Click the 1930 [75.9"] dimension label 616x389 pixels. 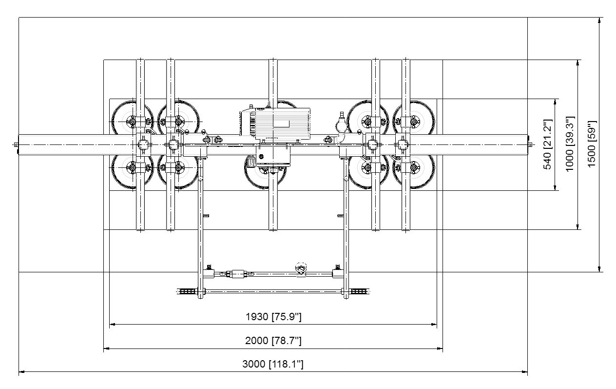(273, 317)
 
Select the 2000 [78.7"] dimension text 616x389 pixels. (273, 341)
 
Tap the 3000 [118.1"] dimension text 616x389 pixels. (273, 364)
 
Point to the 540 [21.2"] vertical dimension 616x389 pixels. (548, 144)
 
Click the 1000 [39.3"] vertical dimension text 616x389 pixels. (570, 143)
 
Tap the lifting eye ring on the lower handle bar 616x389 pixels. (301, 269)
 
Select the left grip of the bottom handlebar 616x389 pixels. (187, 291)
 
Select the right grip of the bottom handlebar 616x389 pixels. (360, 291)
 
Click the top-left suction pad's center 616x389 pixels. (132, 122)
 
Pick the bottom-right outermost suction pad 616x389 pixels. (414, 167)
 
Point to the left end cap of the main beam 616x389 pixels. (17, 144)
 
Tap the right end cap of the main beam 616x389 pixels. (530, 144)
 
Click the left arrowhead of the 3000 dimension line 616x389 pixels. (22, 372)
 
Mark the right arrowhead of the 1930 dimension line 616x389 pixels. (434, 325)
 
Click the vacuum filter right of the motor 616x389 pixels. (341, 125)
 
